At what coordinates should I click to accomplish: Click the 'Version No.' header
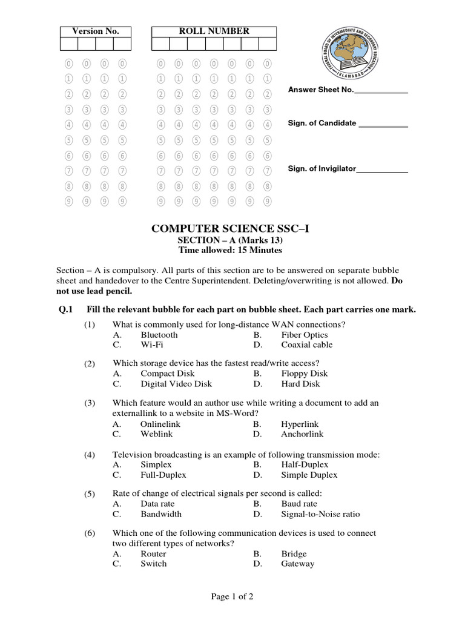[x=96, y=31]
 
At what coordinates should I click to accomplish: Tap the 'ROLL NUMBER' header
[x=213, y=31]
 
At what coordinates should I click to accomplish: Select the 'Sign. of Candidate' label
[x=322, y=124]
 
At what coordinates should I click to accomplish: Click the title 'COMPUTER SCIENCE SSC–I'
[x=225, y=228]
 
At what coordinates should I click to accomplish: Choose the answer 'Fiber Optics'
[x=305, y=335]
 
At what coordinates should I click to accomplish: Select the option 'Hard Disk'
[x=300, y=384]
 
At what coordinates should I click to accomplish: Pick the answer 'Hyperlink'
[x=300, y=424]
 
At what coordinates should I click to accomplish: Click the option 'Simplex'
[x=156, y=464]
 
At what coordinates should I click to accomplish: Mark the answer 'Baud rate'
[x=299, y=504]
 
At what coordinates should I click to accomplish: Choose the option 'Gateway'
[x=298, y=564]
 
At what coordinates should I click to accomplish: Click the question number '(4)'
[x=90, y=455]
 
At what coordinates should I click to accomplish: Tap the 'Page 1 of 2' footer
[x=232, y=596]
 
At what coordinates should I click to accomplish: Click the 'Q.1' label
[x=65, y=309]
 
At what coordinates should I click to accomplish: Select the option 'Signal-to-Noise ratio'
[x=320, y=514]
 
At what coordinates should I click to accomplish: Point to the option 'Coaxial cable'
[x=307, y=345]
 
